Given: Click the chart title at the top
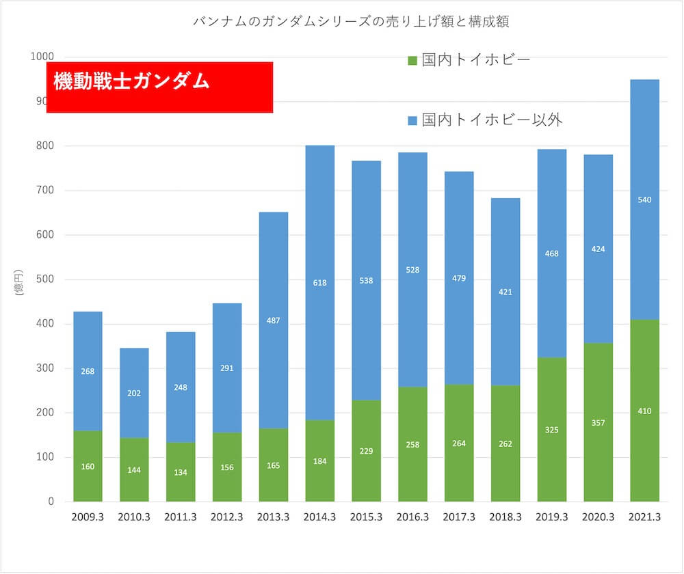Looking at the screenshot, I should [x=352, y=22].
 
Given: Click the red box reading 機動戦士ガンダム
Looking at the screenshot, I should [x=159, y=87].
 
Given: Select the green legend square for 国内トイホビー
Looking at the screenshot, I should [x=412, y=61].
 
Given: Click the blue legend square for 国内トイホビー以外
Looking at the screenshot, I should [x=412, y=121].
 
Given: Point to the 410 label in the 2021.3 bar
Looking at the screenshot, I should [x=644, y=411].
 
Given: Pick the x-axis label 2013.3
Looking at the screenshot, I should [x=274, y=517].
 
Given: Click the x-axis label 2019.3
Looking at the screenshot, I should [x=552, y=517].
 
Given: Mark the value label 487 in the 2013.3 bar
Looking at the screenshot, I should [x=274, y=320].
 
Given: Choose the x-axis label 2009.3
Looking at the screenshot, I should [x=88, y=517].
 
